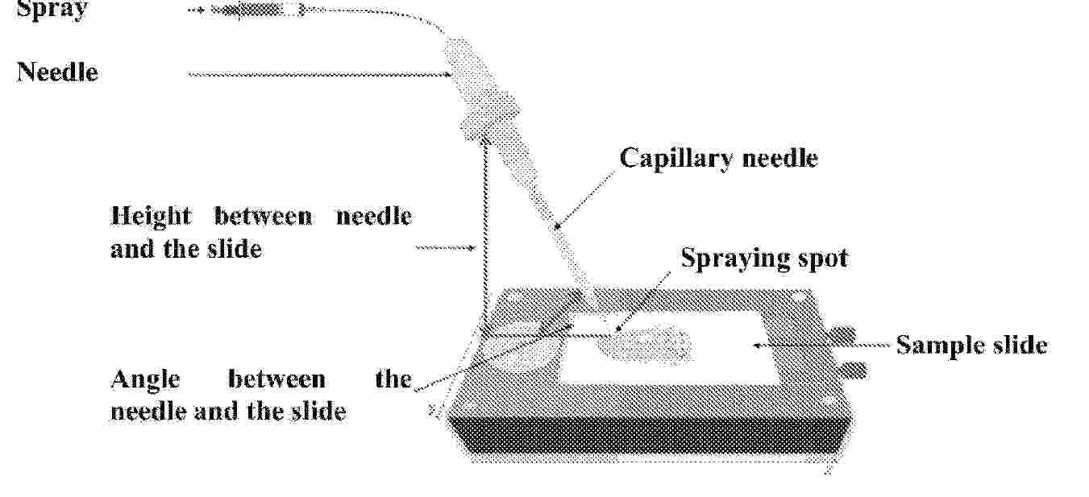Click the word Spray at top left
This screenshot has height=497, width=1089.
coord(52,9)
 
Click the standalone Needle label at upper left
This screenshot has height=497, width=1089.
coord(57,72)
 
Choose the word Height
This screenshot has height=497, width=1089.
coord(151,217)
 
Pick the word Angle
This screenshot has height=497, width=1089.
coord(145,379)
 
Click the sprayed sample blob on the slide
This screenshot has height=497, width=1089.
coord(645,343)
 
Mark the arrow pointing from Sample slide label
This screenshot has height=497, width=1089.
coord(821,345)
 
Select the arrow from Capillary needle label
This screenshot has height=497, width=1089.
coord(585,200)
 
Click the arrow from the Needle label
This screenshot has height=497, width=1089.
coord(320,74)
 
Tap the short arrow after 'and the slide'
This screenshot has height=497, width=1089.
coord(446,248)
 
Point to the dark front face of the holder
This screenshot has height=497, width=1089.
coord(649,438)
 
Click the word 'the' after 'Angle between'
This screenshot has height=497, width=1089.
coord(393,379)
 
